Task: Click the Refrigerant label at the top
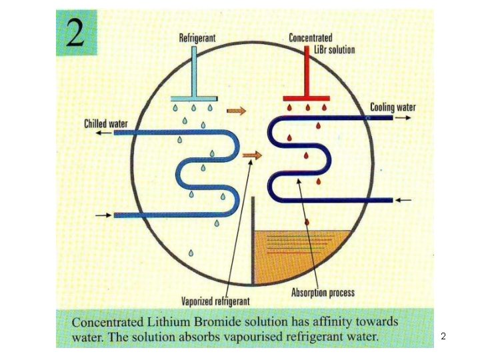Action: [197, 39]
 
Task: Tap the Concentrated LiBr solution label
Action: [321, 44]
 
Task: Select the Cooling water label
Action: [393, 107]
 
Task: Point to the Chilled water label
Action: [106, 123]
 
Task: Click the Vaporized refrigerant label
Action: [215, 299]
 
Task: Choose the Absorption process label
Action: [323, 292]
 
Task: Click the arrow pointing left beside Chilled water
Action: [102, 133]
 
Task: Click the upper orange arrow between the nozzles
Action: [235, 109]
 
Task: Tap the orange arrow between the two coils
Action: [251, 155]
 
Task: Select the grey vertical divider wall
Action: [253, 240]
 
